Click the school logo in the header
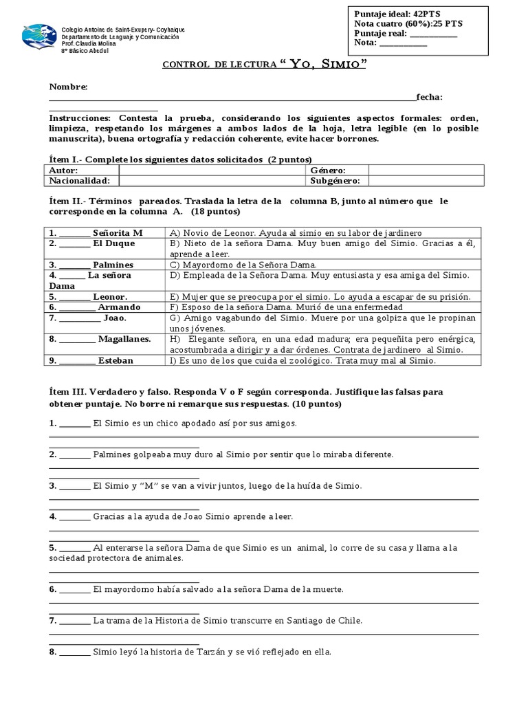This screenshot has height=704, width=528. click(x=39, y=36)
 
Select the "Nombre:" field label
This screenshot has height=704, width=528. click(x=68, y=87)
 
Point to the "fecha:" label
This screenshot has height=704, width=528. click(x=429, y=98)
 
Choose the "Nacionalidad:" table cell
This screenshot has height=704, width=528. click(x=80, y=180)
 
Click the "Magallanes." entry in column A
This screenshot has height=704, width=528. click(x=124, y=339)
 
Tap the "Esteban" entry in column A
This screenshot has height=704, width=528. click(x=115, y=360)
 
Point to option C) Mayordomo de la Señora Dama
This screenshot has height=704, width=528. click(x=242, y=265)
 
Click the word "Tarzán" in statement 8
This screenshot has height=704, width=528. click(x=219, y=652)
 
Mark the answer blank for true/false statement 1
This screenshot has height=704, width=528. click(x=74, y=423)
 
